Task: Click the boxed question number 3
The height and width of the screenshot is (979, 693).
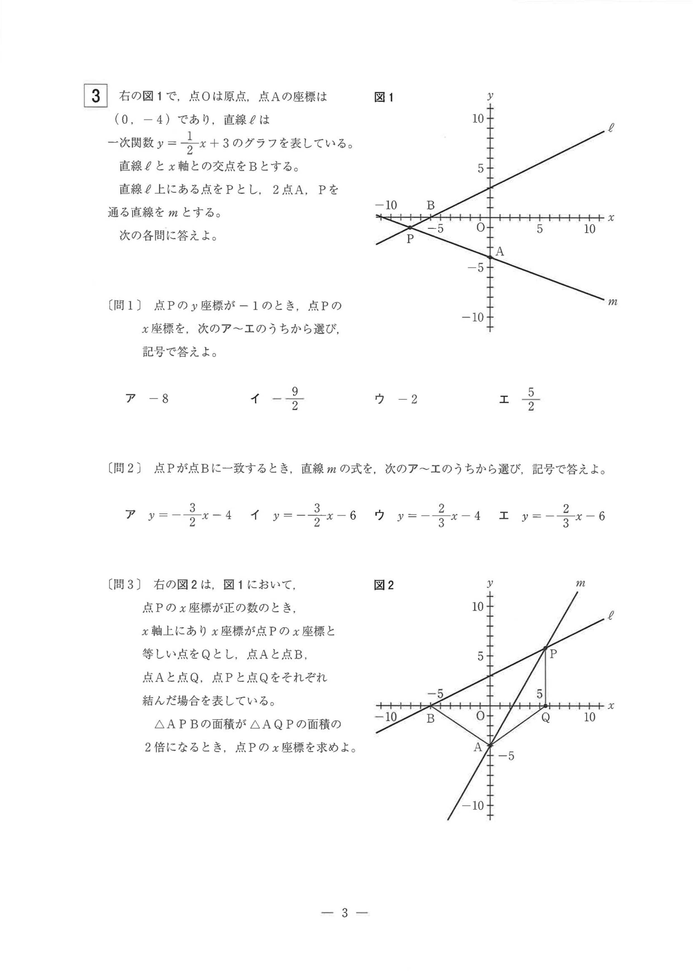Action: [96, 96]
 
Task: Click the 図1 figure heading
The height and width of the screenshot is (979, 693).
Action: [384, 98]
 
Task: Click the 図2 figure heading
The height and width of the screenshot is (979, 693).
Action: [384, 586]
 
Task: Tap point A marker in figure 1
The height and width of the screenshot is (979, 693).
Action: [490, 257]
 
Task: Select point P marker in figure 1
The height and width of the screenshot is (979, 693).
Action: [410, 228]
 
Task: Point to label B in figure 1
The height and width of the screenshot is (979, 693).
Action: [430, 205]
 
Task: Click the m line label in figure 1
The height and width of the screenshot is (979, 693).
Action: [612, 302]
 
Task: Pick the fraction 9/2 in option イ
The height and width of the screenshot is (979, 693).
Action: [295, 399]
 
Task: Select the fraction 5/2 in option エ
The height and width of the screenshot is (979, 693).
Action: [531, 399]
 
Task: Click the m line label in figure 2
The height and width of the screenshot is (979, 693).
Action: [580, 583]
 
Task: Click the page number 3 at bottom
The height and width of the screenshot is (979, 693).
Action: [345, 913]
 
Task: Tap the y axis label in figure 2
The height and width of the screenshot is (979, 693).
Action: [491, 583]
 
